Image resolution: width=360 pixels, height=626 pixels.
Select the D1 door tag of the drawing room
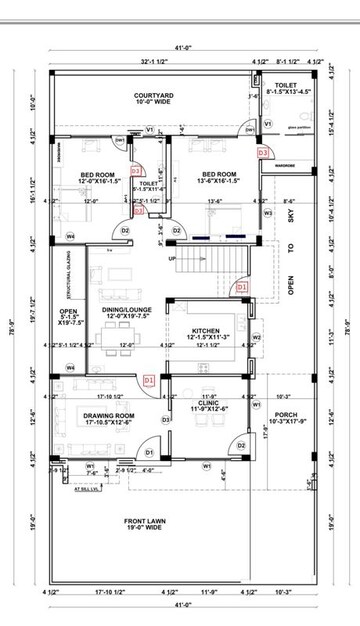coord(149,452)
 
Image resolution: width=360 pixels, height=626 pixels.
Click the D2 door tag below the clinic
coord(241,445)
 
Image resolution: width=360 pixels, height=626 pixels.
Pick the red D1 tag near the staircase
coord(241,287)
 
